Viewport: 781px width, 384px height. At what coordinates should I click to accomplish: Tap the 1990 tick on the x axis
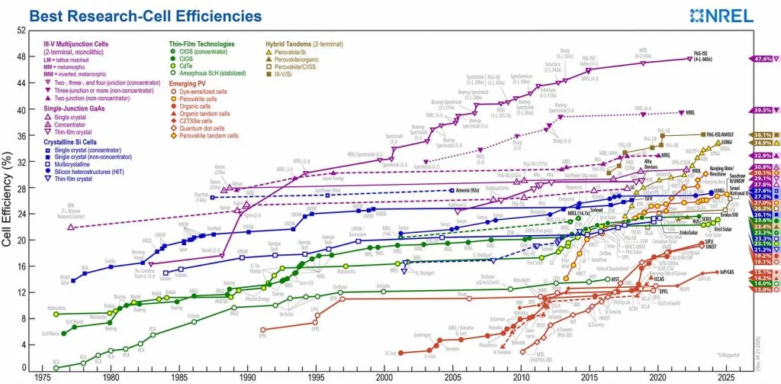248,376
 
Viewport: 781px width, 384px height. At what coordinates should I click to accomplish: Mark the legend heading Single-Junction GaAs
72,108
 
